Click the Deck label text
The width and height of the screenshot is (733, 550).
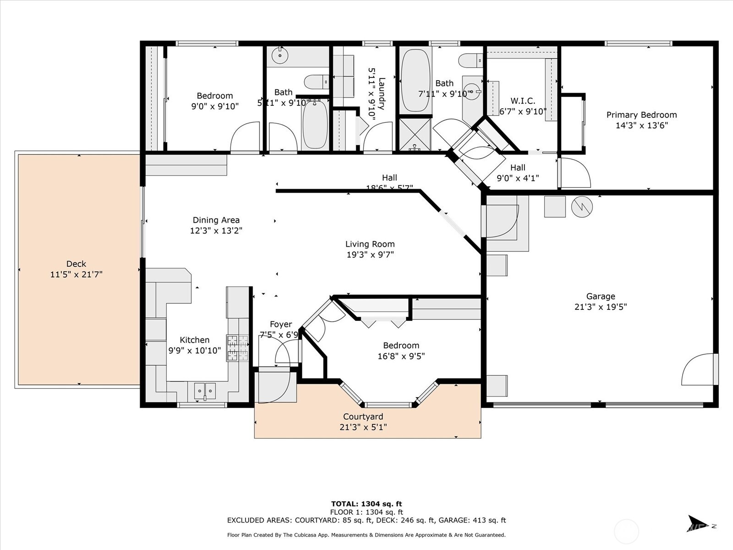pyautogui.click(x=76, y=264)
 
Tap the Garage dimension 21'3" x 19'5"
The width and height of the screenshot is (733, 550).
pyautogui.click(x=600, y=307)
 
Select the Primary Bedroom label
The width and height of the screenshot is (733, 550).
pyautogui.click(x=641, y=115)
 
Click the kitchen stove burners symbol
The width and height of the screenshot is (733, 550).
pyautogui.click(x=237, y=348)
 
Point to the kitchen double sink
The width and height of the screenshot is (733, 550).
pyautogui.click(x=205, y=391)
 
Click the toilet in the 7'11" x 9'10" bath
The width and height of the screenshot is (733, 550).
pyautogui.click(x=471, y=60)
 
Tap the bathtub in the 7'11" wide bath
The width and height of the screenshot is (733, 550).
pyautogui.click(x=415, y=81)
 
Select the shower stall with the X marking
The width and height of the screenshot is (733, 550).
pyautogui.click(x=415, y=134)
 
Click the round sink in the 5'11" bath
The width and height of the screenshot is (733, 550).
pyautogui.click(x=279, y=56)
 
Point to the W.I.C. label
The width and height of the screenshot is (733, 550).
pyautogui.click(x=523, y=101)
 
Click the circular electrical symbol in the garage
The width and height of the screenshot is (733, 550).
pyautogui.click(x=582, y=207)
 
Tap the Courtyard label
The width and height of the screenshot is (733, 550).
pyautogui.click(x=363, y=417)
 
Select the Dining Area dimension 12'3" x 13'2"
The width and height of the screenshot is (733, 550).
pyautogui.click(x=216, y=231)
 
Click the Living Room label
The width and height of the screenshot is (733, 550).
pyautogui.click(x=370, y=244)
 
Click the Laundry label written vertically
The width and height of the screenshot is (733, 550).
pyautogui.click(x=382, y=94)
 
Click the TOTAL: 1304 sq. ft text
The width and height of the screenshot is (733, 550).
pyautogui.click(x=366, y=504)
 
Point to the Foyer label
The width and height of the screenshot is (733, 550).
pyautogui.click(x=280, y=324)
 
